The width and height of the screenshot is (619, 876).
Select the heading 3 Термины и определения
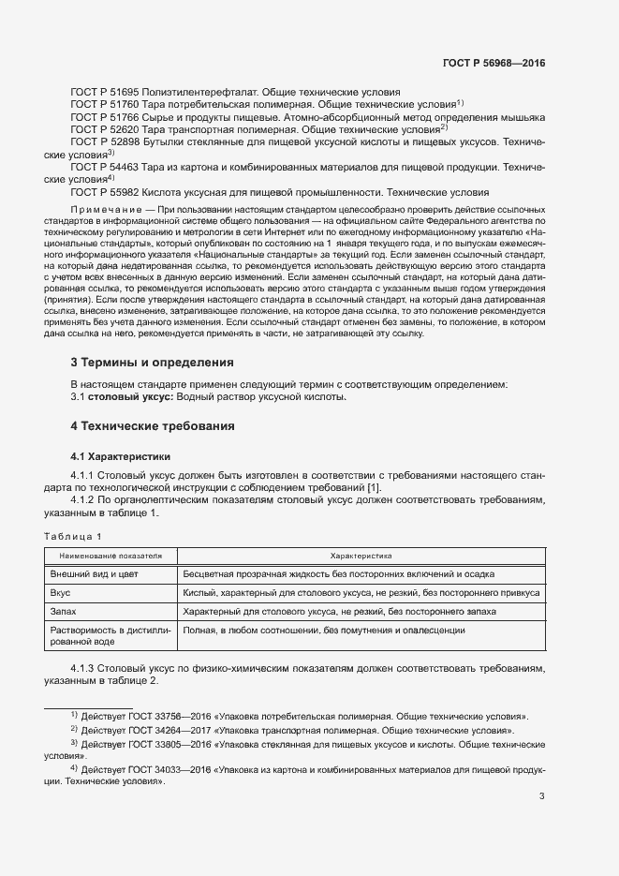tap(152, 362)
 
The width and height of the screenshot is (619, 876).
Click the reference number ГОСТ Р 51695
tap(105, 92)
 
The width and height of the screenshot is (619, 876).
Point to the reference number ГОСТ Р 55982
tap(105, 191)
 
